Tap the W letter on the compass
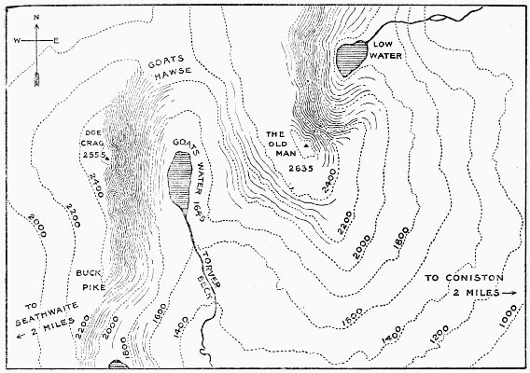(17, 40)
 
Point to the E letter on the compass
(56, 40)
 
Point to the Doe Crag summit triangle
(107, 159)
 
